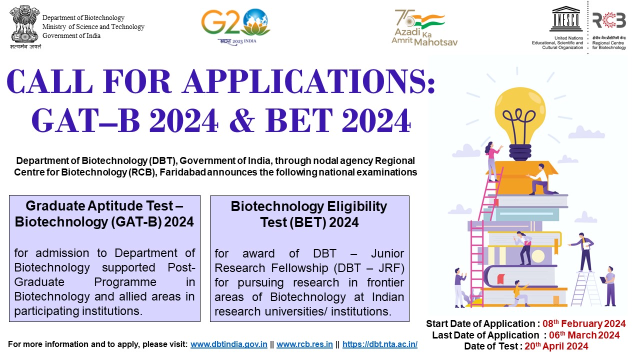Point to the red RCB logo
[608, 20]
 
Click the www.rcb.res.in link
[304, 344]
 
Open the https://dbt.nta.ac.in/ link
[380, 344]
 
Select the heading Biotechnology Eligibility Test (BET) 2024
[309, 214]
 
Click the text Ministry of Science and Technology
[93, 27]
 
